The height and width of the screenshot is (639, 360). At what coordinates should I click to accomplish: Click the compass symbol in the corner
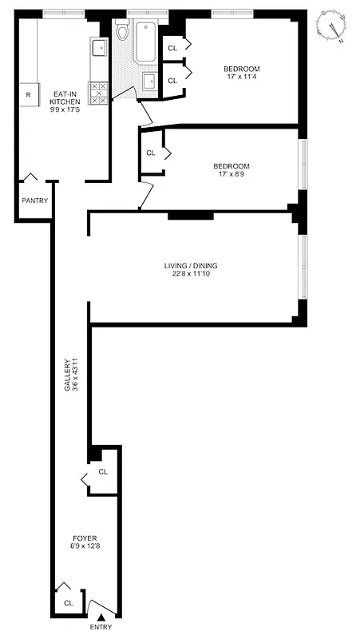(x=331, y=26)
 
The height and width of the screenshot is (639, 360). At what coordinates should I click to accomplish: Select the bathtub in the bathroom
(x=147, y=42)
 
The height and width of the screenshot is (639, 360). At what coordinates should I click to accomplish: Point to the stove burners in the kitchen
(x=99, y=93)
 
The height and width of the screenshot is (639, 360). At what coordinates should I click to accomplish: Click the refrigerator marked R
(x=29, y=94)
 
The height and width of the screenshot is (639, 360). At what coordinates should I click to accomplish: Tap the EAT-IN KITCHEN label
(x=64, y=97)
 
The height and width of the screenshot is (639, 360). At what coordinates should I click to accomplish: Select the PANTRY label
(x=35, y=200)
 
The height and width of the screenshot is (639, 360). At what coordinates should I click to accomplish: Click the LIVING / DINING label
(x=191, y=265)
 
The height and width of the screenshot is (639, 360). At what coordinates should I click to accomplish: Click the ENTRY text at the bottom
(x=101, y=627)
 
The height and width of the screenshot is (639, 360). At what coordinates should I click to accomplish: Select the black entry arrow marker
(x=101, y=617)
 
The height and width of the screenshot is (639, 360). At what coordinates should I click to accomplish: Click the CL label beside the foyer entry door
(x=68, y=603)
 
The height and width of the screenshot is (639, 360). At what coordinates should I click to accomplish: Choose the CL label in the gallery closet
(x=103, y=472)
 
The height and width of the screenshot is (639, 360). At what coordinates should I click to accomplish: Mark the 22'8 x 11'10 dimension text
(x=191, y=274)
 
